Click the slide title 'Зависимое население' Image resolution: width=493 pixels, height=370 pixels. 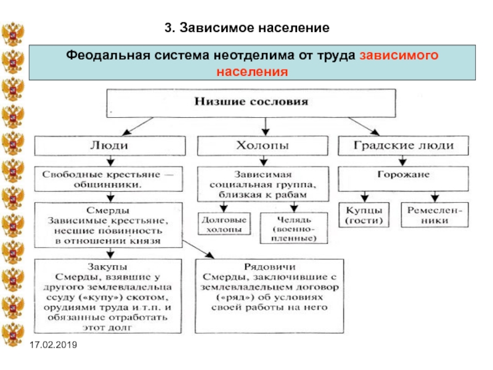pos(255,28)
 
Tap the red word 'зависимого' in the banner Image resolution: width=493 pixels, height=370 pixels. pos(399,55)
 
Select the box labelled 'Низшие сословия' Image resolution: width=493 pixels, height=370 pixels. pos(251,103)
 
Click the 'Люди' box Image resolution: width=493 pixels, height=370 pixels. pos(110,146)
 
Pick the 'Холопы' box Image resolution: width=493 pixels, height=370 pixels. pos(263,146)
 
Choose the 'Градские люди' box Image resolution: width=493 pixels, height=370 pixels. pos(404,146)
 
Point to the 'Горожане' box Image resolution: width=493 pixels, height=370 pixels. pos(404,179)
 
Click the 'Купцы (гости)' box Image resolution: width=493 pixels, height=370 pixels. pos(364,215)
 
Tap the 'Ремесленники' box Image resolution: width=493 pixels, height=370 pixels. pos(435,215)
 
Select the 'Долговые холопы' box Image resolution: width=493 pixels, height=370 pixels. pos(224,224)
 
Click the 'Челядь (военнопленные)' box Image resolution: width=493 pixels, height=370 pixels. pos(294,228)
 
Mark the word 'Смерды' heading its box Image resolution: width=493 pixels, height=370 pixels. pos(108,210)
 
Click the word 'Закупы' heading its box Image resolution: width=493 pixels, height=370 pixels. pos(107,267)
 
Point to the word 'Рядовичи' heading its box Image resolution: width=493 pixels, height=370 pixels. pos(270,267)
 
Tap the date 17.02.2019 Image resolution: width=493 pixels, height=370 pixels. pos(53,345)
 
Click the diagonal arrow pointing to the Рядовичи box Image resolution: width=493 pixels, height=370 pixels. pos(198,250)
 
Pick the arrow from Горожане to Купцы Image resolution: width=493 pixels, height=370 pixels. pos(364,197)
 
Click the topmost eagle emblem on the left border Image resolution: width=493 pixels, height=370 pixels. pos(12,34)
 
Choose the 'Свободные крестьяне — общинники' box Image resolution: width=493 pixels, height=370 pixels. pos(108,179)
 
